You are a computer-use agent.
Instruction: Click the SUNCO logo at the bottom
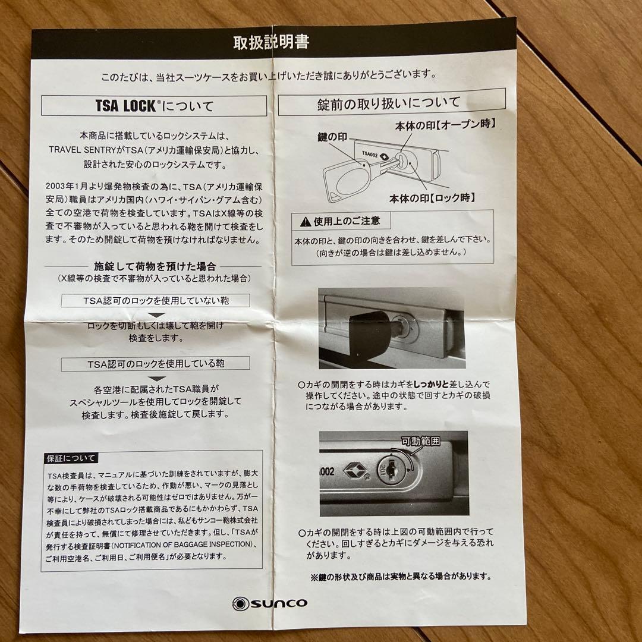click(270, 603)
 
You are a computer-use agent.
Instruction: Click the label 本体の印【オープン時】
click(446, 125)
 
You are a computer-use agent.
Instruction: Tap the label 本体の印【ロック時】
click(432, 197)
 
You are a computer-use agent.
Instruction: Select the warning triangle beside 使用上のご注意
click(305, 222)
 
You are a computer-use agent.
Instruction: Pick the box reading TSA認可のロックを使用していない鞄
click(155, 300)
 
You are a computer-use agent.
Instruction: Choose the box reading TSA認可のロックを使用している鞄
click(155, 363)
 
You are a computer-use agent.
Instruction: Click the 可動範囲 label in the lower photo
click(420, 442)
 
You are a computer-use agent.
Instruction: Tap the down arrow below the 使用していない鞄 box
click(156, 314)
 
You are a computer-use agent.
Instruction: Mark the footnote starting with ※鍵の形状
click(400, 576)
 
